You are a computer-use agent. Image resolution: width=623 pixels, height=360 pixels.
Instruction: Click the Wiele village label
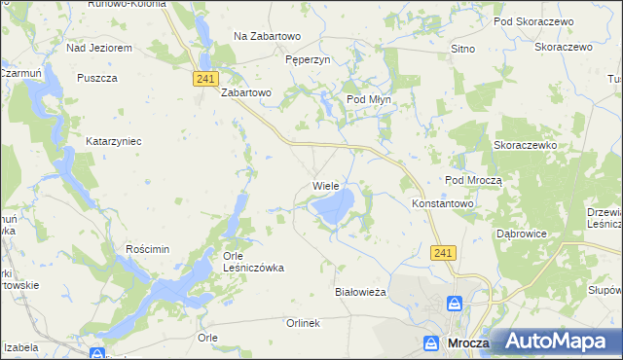coord(325,185)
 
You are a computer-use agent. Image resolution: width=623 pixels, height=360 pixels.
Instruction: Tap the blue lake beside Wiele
coord(334,206)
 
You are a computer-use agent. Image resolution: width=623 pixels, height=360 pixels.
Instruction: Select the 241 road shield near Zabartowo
coord(204,78)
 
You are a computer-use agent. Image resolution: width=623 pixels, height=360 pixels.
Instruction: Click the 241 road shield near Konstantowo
coord(443,252)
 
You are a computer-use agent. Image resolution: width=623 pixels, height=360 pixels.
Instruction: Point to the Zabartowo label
coord(245,93)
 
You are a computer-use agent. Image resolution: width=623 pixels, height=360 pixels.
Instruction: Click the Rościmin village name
coord(148,249)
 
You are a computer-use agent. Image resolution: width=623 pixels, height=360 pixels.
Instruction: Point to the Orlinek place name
coord(303,323)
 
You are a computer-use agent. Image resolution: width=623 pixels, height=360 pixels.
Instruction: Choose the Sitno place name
coord(462,47)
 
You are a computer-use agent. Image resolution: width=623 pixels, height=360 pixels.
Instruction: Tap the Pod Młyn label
coord(370,99)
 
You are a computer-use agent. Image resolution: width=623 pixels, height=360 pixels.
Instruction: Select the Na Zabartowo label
coord(267,36)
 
